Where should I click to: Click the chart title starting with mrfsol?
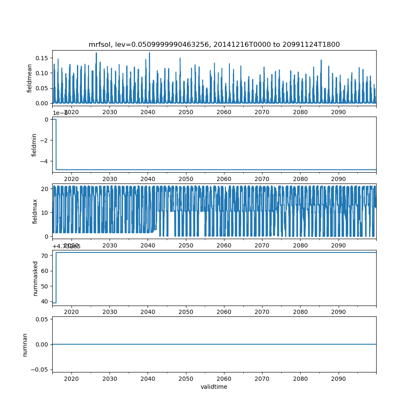pyautogui.click(x=214, y=44)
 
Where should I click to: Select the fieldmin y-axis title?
pyautogui.click(x=34, y=145)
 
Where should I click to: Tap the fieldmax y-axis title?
pyautogui.click(x=35, y=212)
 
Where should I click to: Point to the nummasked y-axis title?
pyautogui.click(x=36, y=278)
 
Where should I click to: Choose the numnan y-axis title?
pyautogui.click(x=25, y=344)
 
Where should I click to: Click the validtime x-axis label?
pyautogui.click(x=214, y=387)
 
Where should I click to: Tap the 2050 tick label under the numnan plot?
pyautogui.click(x=186, y=378)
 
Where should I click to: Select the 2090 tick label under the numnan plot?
pyautogui.click(x=338, y=378)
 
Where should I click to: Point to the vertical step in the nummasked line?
pyautogui.click(x=56, y=278)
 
